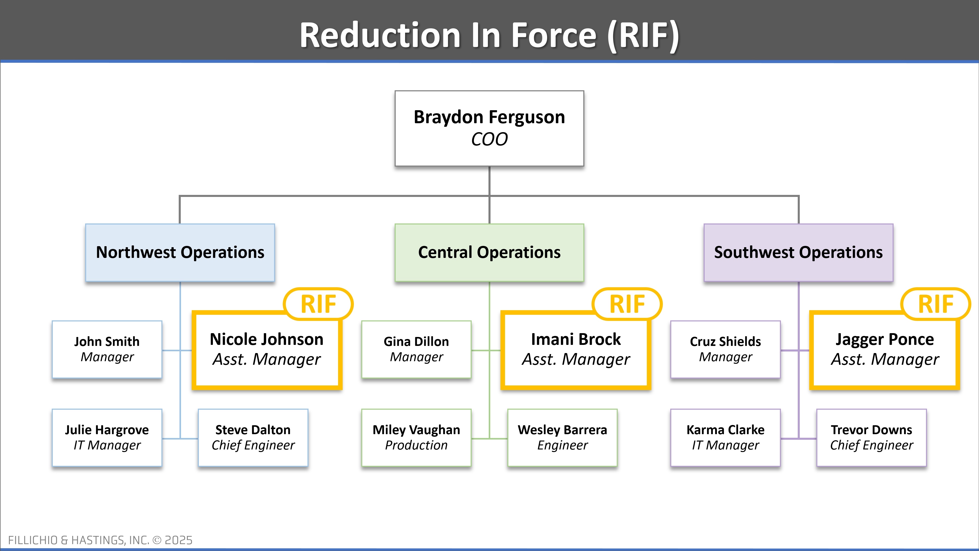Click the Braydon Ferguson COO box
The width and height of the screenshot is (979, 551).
click(489, 128)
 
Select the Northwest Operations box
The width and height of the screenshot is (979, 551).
click(180, 253)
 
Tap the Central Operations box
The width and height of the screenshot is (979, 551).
click(489, 253)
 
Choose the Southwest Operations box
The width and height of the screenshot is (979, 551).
click(798, 253)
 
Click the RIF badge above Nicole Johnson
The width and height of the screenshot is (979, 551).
click(318, 304)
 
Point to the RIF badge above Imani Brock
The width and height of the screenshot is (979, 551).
click(627, 304)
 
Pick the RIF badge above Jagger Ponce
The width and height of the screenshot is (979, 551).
click(936, 304)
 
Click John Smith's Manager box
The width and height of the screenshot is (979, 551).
click(107, 349)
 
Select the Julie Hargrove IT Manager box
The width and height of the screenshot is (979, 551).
click(107, 437)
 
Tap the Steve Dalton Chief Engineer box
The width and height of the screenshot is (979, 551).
click(253, 437)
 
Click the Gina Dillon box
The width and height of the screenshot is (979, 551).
click(416, 349)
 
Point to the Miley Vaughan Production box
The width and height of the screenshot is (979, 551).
click(416, 437)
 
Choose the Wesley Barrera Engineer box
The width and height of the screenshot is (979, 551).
click(562, 437)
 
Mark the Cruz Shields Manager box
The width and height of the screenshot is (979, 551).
click(725, 349)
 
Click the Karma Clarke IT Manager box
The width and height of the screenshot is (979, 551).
click(725, 437)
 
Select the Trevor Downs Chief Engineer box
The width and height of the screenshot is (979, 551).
click(871, 437)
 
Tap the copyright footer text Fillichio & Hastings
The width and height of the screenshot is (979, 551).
click(100, 540)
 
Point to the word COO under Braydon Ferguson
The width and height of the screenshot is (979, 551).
click(489, 139)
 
